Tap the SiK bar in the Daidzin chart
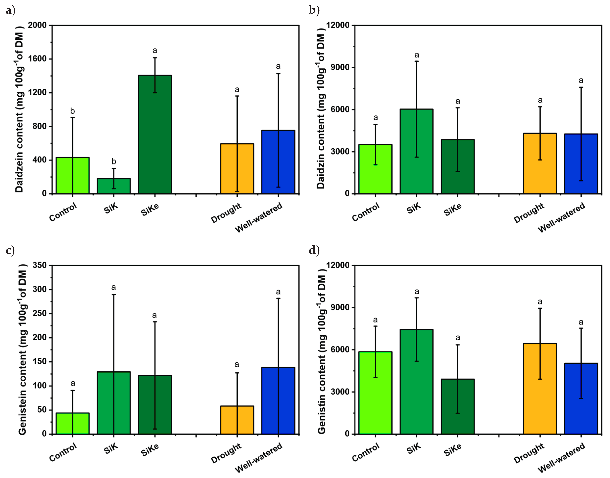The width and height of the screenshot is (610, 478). [416, 151]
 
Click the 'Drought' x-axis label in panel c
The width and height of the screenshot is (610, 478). [226, 453]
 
